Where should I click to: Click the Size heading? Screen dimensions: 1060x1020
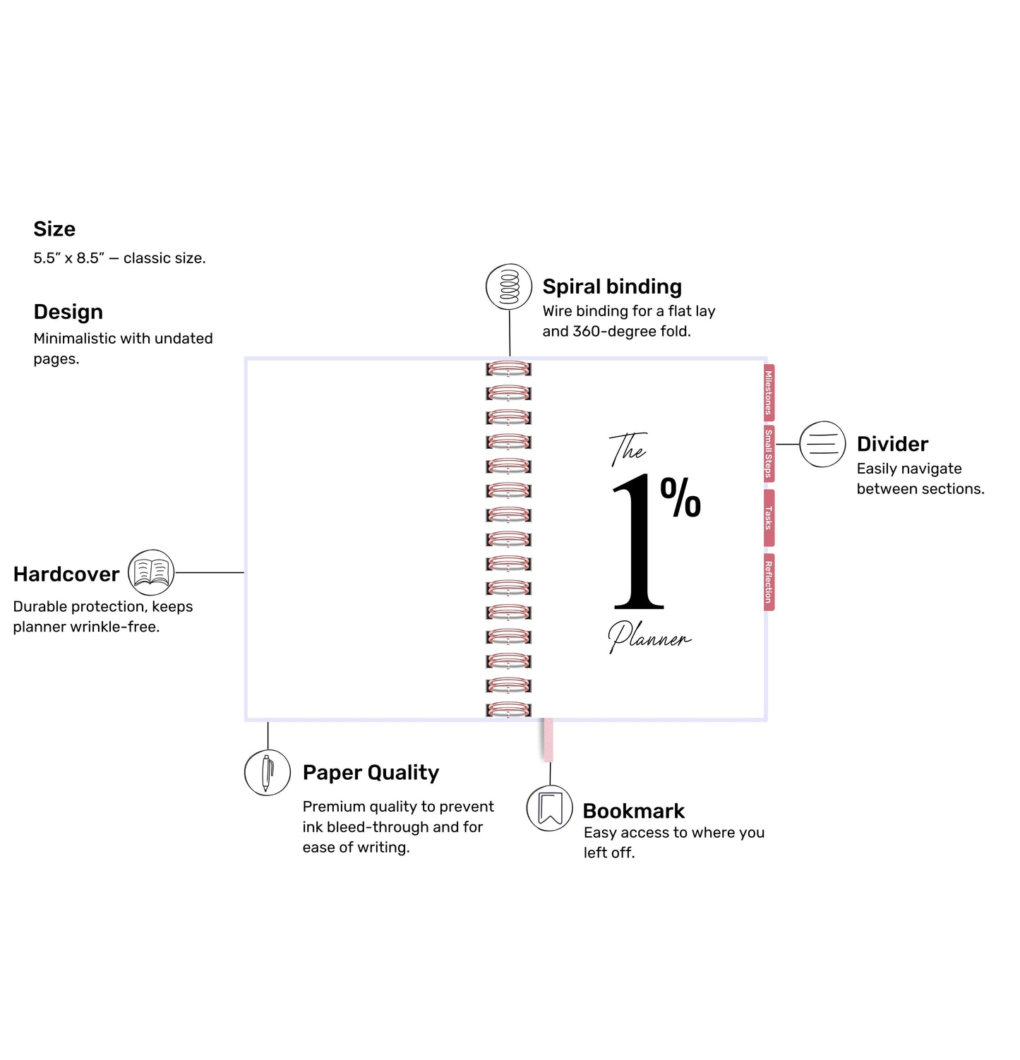(x=54, y=229)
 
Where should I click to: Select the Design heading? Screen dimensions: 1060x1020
(x=68, y=312)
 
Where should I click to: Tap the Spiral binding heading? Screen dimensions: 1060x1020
(x=612, y=287)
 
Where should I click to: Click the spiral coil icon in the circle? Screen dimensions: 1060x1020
(x=509, y=287)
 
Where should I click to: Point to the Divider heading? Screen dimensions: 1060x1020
(x=892, y=444)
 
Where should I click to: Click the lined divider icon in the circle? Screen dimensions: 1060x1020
(x=822, y=444)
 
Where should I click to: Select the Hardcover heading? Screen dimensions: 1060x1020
(x=66, y=574)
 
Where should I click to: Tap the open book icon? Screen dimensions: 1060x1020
(x=151, y=572)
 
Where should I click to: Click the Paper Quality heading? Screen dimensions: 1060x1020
(x=371, y=773)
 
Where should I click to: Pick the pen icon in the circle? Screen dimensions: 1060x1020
(x=268, y=773)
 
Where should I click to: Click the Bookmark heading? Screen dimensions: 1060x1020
(x=633, y=811)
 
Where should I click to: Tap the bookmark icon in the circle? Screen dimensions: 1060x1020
(x=550, y=808)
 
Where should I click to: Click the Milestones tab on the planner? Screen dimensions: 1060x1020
(x=769, y=392)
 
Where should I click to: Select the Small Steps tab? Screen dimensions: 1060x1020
(x=769, y=454)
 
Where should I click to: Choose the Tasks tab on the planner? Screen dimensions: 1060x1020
(x=769, y=518)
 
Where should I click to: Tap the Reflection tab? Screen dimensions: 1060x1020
(x=769, y=582)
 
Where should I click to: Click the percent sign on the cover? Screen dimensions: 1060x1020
(x=680, y=498)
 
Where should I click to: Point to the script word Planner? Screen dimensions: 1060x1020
(x=649, y=637)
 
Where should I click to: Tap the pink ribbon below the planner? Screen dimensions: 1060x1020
(x=548, y=740)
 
